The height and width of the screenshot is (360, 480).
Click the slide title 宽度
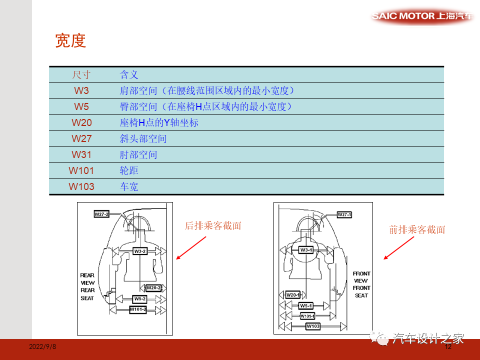tap(70, 41)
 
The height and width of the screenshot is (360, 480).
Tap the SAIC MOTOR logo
tap(422, 16)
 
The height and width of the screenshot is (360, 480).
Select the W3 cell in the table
tap(81, 90)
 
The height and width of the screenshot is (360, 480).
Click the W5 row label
tap(81, 106)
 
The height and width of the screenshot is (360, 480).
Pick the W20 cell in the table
tap(81, 122)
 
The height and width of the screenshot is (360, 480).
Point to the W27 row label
tap(81, 138)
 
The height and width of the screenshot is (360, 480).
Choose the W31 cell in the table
tap(81, 154)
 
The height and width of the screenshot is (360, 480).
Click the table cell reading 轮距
tap(128, 170)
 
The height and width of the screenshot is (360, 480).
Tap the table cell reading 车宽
tap(128, 186)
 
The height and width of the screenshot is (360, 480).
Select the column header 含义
tap(128, 75)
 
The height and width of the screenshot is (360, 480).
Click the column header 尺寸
tap(81, 75)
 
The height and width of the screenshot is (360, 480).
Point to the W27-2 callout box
tap(101, 214)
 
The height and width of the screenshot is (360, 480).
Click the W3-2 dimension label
tap(140, 251)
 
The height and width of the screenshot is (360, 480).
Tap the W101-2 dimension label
tap(138, 309)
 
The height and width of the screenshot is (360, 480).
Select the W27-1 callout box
tap(344, 214)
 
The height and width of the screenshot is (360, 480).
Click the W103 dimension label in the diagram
tap(313, 326)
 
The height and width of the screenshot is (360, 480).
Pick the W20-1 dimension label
tap(292, 295)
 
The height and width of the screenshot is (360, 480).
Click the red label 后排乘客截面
tap(213, 226)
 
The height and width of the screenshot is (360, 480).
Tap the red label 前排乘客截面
tap(417, 230)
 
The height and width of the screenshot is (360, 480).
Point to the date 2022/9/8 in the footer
tap(42, 346)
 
